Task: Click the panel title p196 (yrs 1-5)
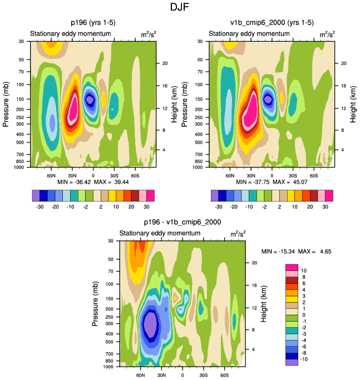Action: [92, 23]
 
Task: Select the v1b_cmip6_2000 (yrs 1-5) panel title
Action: [272, 23]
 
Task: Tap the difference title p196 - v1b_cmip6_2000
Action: [183, 222]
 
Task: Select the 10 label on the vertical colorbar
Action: [303, 270]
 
